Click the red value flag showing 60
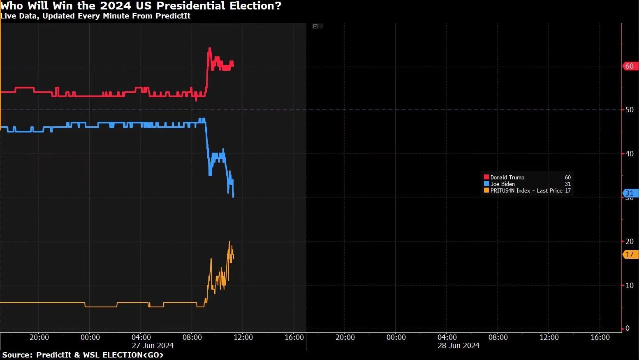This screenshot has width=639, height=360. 630,66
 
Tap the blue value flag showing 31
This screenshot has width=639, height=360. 630,193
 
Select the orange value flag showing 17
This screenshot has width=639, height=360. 630,254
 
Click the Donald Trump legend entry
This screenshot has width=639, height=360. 507,177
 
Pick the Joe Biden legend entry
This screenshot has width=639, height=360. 502,184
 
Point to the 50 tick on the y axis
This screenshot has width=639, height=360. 629,110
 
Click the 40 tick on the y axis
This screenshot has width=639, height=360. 629,154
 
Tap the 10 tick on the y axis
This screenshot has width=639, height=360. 629,286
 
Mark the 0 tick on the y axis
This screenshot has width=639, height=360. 627,328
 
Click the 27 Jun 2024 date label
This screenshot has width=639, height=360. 153,346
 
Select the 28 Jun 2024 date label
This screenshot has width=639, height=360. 459,346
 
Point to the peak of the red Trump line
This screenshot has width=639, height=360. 210,49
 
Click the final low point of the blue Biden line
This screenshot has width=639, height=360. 233,196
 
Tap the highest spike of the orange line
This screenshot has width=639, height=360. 229,242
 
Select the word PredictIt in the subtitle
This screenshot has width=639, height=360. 173,16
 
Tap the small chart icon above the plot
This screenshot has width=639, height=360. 315,26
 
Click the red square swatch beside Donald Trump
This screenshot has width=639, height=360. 486,177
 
